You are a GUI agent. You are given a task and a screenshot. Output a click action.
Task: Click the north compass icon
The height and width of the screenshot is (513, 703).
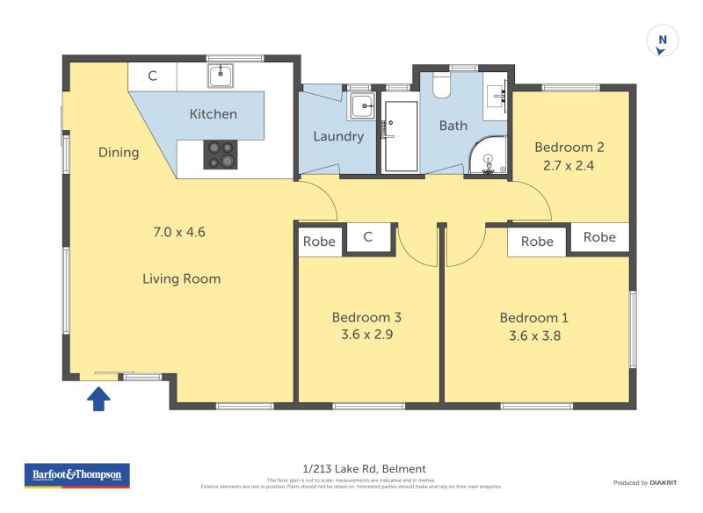click(x=663, y=41)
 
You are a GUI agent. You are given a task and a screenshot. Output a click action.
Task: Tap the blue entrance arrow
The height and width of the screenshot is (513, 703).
click(x=99, y=400)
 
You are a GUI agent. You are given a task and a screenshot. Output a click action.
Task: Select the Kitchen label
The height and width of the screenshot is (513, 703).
click(x=214, y=114)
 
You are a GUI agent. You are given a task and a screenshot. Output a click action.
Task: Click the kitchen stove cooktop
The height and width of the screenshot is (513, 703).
click(x=221, y=155)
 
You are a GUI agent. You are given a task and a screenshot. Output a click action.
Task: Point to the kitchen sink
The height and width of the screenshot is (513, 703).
click(x=220, y=76)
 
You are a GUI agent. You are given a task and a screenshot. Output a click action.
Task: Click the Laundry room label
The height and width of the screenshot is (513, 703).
click(x=338, y=136)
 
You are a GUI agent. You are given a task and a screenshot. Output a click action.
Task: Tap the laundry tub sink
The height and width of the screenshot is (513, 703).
click(x=361, y=106)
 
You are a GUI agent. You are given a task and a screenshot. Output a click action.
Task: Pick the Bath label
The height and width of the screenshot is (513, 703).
click(x=453, y=126)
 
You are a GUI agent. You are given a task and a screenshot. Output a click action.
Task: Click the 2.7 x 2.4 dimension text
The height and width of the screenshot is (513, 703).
click(x=569, y=164)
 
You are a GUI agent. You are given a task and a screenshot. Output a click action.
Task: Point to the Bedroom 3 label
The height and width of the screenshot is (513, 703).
click(x=366, y=317)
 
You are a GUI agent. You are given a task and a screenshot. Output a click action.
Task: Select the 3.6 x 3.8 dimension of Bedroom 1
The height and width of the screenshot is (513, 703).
click(x=534, y=335)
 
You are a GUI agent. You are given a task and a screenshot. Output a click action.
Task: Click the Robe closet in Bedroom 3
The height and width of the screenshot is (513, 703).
click(x=319, y=241)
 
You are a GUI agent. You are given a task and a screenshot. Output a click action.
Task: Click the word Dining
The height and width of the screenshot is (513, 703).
click(x=119, y=152)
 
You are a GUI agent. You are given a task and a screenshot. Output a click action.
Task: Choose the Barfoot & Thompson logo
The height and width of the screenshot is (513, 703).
click(x=76, y=475)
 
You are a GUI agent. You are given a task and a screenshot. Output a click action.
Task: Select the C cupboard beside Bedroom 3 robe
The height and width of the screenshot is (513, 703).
click(x=368, y=237)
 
